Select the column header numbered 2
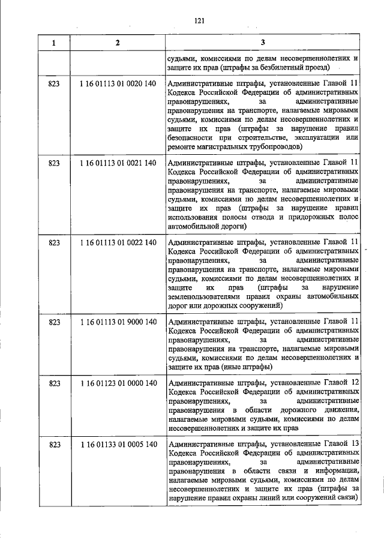118,43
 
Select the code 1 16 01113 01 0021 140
118,163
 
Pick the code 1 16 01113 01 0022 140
118,242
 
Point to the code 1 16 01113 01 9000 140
118,322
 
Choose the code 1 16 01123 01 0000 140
118,383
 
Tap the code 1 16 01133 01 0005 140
118,444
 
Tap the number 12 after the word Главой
355,382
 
